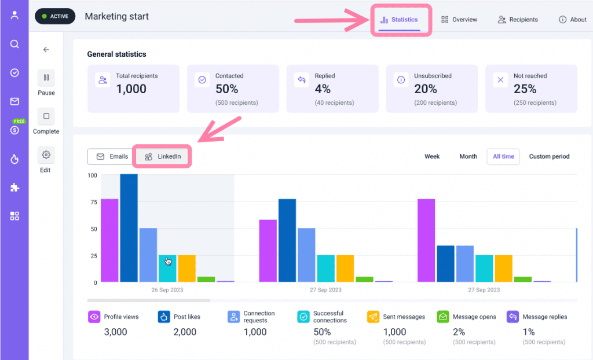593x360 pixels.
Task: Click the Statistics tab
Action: click(399, 20)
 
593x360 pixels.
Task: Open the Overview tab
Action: click(459, 20)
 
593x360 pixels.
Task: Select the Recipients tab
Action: click(518, 20)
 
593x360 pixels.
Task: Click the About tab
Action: click(572, 20)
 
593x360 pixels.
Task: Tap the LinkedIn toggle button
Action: click(163, 156)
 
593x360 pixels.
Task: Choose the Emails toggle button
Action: click(112, 156)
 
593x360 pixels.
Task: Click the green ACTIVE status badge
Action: click(55, 16)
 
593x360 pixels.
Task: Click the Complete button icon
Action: click(46, 116)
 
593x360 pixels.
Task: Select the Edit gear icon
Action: click(46, 155)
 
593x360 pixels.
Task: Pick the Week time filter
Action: click(432, 156)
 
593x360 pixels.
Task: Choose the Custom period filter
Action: click(549, 156)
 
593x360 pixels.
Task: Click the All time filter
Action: click(503, 156)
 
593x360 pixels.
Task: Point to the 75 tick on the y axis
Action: click(92, 202)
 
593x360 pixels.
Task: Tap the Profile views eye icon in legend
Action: click(94, 317)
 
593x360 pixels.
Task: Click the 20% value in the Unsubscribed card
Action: click(425, 89)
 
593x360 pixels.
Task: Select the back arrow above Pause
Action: click(46, 50)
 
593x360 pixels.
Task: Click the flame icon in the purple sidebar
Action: click(14, 159)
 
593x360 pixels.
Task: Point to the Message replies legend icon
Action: click(513, 317)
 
